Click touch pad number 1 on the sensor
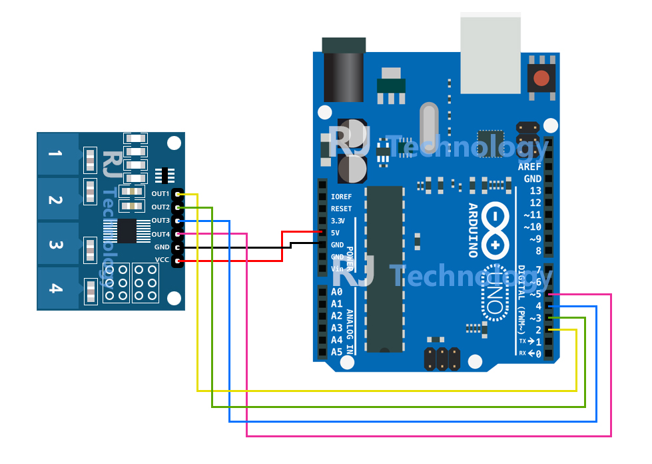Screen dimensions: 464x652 click(57, 155)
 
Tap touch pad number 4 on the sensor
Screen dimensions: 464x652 click(57, 289)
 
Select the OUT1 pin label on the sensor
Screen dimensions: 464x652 click(160, 194)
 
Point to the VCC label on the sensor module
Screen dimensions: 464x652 click(162, 260)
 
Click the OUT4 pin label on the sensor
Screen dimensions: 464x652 click(160, 234)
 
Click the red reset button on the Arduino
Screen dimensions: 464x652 click(541, 78)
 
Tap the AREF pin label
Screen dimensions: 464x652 click(529, 167)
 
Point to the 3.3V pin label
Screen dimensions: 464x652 click(338, 221)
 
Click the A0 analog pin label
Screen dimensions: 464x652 click(336, 292)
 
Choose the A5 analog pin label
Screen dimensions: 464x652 click(336, 351)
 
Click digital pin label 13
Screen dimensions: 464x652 click(535, 191)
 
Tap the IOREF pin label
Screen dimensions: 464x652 click(340, 197)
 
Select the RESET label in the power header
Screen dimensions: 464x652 click(340, 209)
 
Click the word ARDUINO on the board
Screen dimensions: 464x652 click(472, 230)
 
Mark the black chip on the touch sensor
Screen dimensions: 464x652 click(127, 231)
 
